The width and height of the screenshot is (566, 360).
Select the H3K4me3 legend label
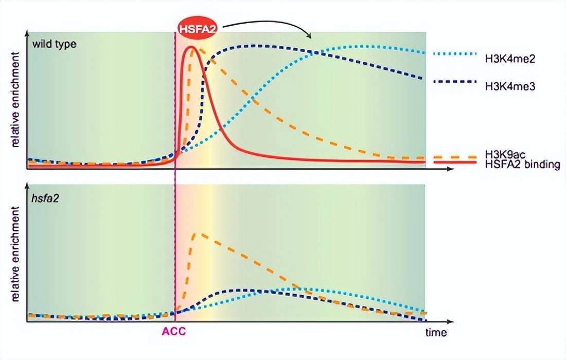pyautogui.click(x=510, y=86)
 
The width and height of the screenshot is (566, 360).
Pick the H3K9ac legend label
pyautogui.click(x=505, y=154)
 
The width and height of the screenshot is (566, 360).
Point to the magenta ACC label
pyautogui.click(x=174, y=332)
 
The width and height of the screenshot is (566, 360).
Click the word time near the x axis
pyautogui.click(x=436, y=332)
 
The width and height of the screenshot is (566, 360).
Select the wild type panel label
pyautogui.click(x=52, y=44)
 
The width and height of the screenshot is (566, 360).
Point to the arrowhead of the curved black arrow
pyautogui.click(x=309, y=37)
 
